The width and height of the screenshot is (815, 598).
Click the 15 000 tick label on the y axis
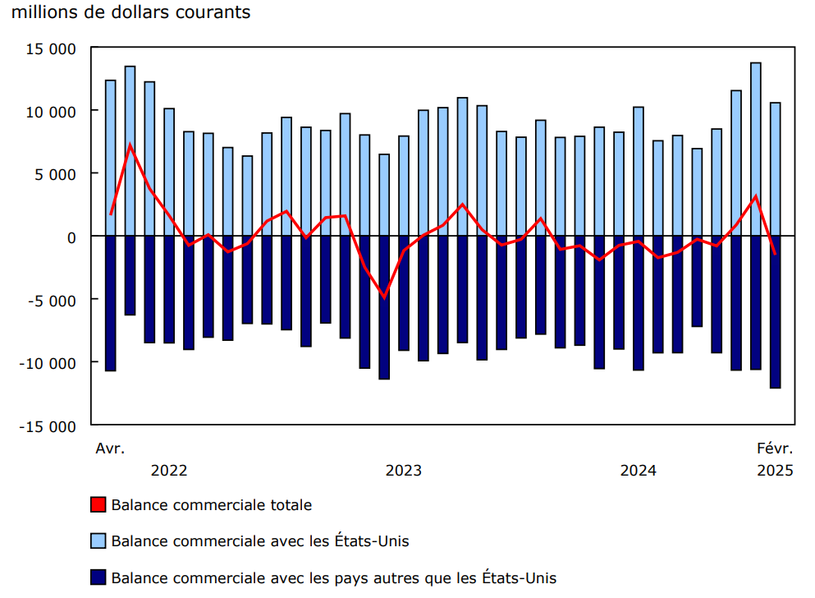tap(52, 48)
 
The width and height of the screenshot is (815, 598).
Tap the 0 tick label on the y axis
tap(71, 237)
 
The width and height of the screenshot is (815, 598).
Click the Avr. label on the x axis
tap(110, 448)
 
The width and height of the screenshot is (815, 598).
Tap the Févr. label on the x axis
tap(775, 448)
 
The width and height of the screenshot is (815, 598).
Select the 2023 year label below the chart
tap(403, 471)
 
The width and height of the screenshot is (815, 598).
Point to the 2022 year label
tap(169, 471)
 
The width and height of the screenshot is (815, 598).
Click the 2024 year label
tap(638, 471)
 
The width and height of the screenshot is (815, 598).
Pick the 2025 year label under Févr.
tap(775, 471)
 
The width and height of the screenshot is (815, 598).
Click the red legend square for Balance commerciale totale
tap(98, 505)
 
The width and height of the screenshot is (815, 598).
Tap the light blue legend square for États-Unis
tap(98, 541)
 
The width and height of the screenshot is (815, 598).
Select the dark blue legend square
tap(98, 577)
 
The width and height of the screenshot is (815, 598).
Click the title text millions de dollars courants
tap(130, 13)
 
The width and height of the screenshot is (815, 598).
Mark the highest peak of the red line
tap(130, 145)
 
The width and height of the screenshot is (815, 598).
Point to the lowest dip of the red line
tap(383, 297)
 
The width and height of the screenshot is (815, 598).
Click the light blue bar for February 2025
tap(775, 168)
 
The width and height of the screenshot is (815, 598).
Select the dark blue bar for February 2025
tap(775, 312)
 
